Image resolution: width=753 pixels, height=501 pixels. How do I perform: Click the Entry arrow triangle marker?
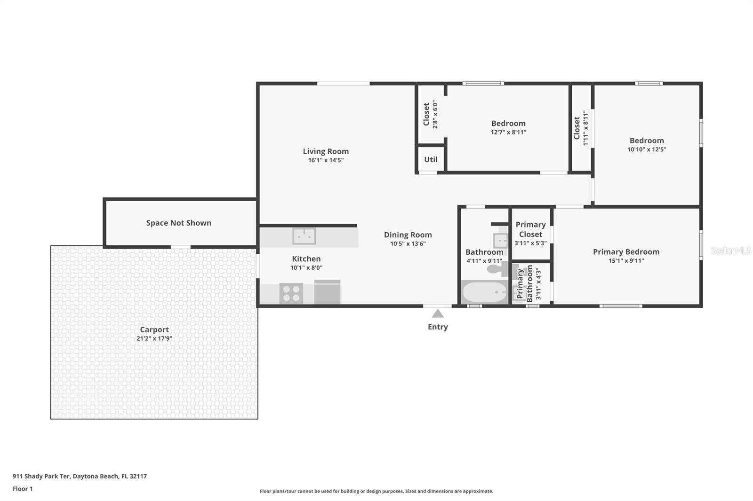437,313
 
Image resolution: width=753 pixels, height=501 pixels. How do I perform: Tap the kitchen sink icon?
304,236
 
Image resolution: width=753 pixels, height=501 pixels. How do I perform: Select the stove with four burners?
291,293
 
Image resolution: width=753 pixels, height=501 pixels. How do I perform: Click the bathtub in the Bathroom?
484,292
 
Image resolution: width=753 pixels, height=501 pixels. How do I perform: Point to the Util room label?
431,159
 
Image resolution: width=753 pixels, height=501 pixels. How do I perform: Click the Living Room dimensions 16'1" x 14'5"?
326,160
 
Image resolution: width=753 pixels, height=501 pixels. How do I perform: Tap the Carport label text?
154,330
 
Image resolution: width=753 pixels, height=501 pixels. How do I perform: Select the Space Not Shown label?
179,223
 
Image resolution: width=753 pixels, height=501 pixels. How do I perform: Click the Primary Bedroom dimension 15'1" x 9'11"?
626,260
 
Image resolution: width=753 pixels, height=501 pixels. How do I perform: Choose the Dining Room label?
408,235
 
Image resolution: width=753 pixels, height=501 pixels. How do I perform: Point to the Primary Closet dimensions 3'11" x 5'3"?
530,243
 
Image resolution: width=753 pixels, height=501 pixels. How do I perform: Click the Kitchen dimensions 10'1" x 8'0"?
306,267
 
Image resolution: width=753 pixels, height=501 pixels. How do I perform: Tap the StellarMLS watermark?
731,250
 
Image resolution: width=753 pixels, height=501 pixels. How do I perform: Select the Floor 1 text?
23,489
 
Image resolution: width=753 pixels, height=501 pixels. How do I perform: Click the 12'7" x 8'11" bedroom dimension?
508,133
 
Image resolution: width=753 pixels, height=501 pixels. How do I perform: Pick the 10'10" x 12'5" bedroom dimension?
647,149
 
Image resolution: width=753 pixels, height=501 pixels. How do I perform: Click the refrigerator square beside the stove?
327,292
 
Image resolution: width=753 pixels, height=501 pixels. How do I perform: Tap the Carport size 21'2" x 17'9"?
154,338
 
